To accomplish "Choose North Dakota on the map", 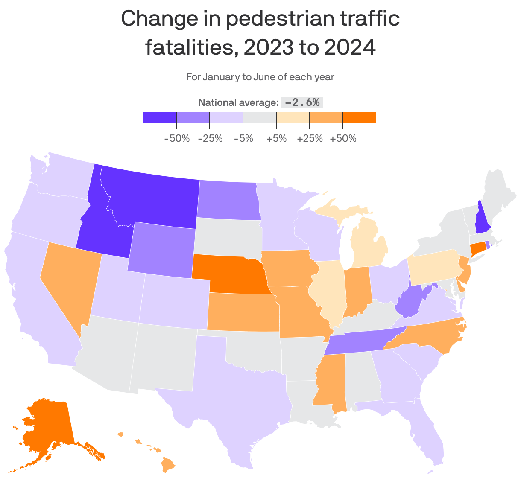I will coord(228,201).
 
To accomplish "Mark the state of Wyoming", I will coord(162,250).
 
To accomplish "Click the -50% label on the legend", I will coord(177,139).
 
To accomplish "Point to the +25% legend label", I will coord(310,139).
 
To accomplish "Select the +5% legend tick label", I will coord(276,139).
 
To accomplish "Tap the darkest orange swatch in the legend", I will coord(359,117).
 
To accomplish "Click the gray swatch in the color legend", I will coord(260,117).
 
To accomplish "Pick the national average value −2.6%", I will coord(301,102).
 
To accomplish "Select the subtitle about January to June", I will coord(260,77).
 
